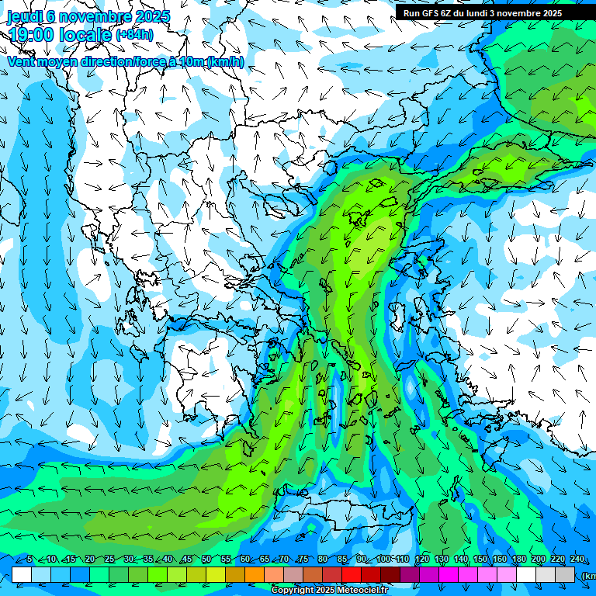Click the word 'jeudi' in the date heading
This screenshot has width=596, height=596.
point(24,16)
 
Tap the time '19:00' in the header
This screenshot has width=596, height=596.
point(32,35)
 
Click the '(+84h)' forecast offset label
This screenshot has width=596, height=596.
point(134,34)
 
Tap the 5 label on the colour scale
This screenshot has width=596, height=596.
point(29,560)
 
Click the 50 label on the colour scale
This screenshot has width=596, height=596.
point(206,560)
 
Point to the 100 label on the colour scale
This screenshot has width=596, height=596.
point(383,560)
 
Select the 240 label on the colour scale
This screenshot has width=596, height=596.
point(577,560)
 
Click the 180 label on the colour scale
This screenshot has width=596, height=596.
point(519,560)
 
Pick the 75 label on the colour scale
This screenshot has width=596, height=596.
point(303,560)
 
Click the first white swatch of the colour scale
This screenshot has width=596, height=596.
point(22,574)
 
